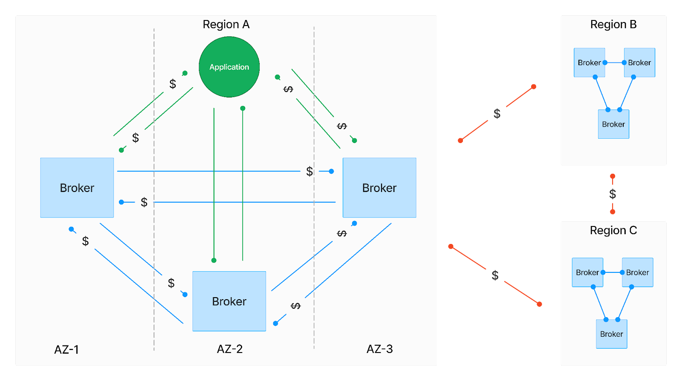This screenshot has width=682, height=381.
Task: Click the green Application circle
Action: click(x=229, y=67)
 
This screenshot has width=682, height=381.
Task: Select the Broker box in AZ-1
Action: click(x=77, y=188)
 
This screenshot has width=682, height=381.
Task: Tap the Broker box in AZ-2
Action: click(x=229, y=301)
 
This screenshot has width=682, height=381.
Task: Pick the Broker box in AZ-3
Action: click(x=379, y=188)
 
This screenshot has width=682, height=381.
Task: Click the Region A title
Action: click(x=226, y=24)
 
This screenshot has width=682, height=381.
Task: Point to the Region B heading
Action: click(x=613, y=24)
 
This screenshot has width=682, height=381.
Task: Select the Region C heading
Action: click(x=613, y=230)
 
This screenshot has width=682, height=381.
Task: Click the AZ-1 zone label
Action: click(x=66, y=349)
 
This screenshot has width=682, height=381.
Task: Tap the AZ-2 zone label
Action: click(x=230, y=349)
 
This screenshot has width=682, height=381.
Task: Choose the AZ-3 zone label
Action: click(x=380, y=349)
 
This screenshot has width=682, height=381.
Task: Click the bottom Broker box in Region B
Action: click(x=613, y=124)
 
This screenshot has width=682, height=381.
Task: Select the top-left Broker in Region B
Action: click(x=589, y=63)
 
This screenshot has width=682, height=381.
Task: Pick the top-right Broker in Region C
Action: click(x=638, y=272)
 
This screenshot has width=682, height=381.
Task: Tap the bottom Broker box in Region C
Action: click(x=612, y=334)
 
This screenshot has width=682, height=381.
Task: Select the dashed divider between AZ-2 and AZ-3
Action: click(x=314, y=255)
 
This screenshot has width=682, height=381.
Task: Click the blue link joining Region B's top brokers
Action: click(x=615, y=63)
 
